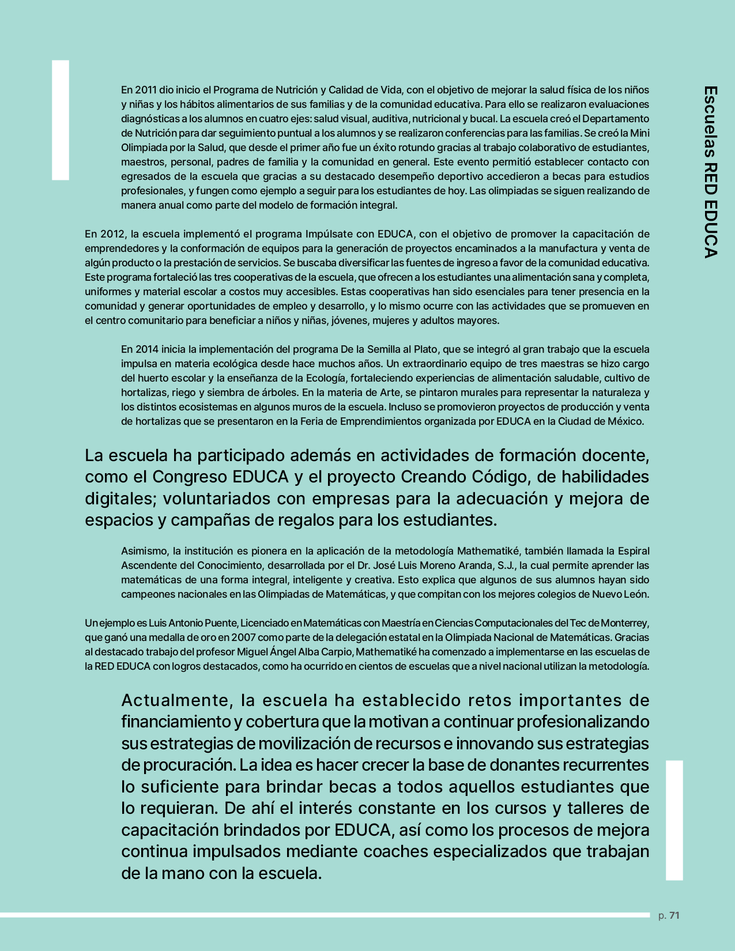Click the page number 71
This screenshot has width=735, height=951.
(x=674, y=915)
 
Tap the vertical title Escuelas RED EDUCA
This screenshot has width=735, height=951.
(x=710, y=172)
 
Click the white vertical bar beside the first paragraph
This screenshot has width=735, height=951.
(x=61, y=120)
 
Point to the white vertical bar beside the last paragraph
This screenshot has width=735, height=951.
(x=674, y=820)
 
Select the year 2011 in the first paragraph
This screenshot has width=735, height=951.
(x=146, y=90)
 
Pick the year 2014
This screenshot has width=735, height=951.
(x=146, y=349)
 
